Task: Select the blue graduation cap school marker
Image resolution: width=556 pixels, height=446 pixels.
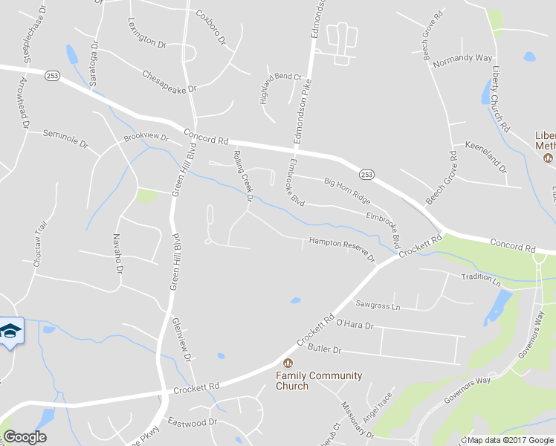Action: click(x=10, y=331)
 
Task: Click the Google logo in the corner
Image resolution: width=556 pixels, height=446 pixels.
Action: click(x=25, y=437)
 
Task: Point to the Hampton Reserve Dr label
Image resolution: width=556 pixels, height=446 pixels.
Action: click(x=342, y=245)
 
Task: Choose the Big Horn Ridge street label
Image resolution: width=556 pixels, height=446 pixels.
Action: click(x=346, y=190)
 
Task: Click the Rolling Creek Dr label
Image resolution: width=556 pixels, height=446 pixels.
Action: click(x=243, y=175)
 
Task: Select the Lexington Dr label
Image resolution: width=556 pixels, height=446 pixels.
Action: click(x=146, y=33)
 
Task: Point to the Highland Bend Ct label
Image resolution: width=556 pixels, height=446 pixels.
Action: click(x=280, y=88)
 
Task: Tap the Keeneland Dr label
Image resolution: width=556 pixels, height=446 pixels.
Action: click(x=485, y=156)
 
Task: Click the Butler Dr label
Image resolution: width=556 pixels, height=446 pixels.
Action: click(x=324, y=349)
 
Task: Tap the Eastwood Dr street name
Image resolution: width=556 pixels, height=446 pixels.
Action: click(x=192, y=421)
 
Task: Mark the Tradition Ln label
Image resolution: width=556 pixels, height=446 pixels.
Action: click(x=480, y=279)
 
